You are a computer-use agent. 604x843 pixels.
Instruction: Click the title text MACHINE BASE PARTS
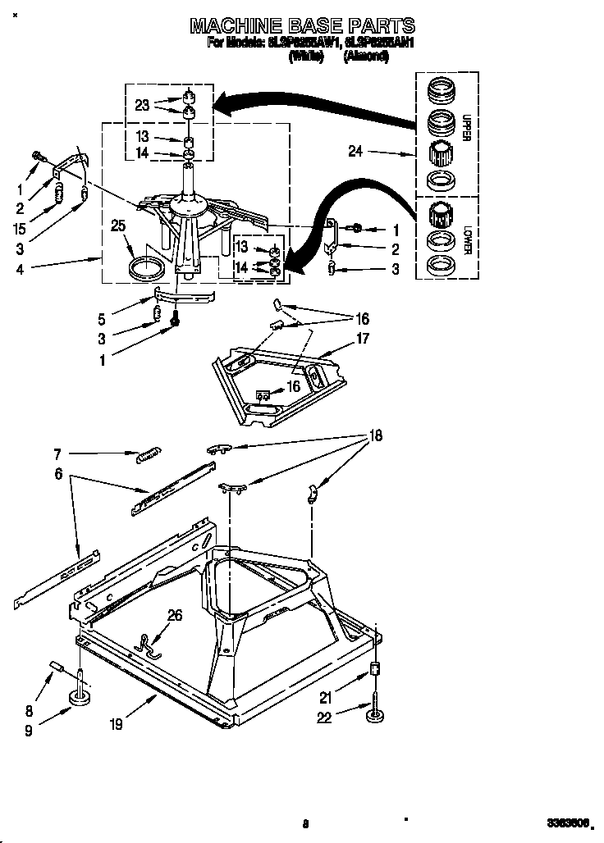[x=302, y=26]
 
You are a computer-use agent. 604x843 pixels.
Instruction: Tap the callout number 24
[x=355, y=152]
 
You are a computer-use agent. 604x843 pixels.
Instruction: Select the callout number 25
[x=119, y=226]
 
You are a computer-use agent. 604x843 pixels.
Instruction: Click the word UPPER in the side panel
[x=465, y=128]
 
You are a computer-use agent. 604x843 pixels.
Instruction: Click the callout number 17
[x=363, y=338]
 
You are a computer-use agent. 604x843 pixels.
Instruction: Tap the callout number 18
[x=376, y=436]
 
